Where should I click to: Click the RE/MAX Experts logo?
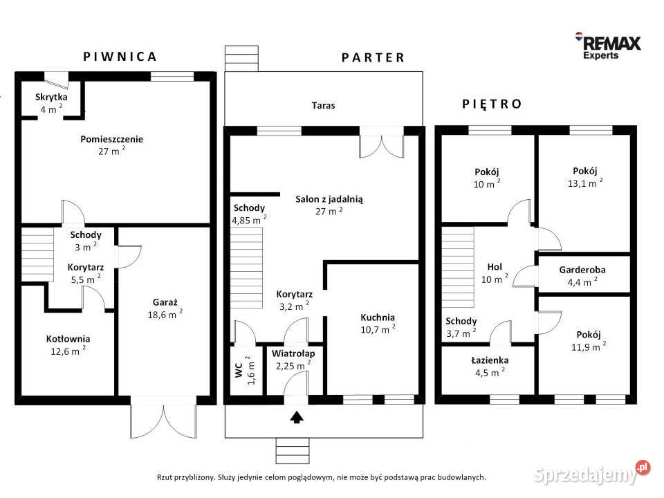608,46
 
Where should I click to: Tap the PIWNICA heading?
120,57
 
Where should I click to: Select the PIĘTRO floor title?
492,104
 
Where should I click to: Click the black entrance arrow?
297,417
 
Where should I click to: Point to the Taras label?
323,105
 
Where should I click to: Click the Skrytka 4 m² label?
51,103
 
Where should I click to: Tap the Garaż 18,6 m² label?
165,308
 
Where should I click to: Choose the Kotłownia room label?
68,344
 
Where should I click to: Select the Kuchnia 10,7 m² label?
378,324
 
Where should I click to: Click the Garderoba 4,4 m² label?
582,276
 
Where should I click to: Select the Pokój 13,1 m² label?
585,177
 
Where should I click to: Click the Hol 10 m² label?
495,273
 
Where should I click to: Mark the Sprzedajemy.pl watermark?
591,472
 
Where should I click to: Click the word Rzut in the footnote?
165,478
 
